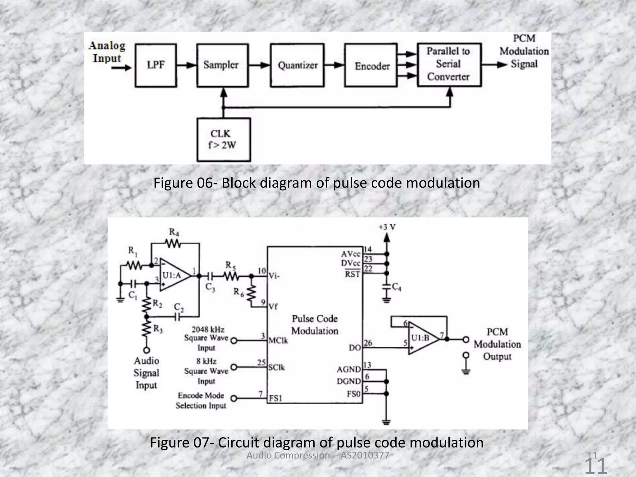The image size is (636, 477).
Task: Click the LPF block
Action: (156, 65)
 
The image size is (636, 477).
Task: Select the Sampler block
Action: (222, 65)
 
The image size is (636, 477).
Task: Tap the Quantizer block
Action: (297, 65)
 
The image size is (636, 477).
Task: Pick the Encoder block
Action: (371, 65)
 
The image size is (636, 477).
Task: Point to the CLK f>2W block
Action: (223, 139)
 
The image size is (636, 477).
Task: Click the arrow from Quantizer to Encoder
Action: (334, 65)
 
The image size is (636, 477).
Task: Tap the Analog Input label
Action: (107, 52)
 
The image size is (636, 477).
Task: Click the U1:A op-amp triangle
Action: (174, 275)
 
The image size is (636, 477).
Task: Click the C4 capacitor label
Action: (397, 287)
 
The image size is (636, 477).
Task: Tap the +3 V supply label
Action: (387, 227)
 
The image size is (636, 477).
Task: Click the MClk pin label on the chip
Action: (278, 341)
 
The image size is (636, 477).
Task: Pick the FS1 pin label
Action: (275, 398)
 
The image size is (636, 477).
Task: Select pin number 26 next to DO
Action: (368, 343)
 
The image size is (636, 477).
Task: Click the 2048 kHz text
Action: (208, 329)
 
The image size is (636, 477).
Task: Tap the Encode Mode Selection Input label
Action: (201, 400)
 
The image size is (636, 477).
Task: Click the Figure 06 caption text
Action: (317, 183)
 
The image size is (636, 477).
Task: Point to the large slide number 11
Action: (596, 466)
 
